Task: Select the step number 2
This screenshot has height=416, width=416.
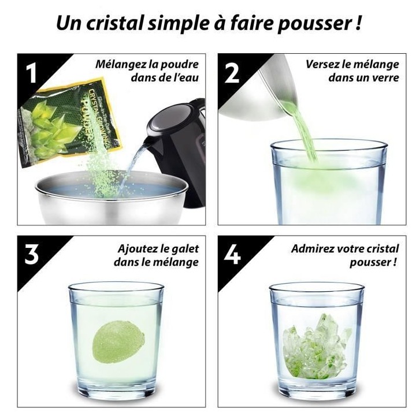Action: [x=232, y=73]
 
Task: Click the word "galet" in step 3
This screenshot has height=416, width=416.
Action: [x=184, y=249]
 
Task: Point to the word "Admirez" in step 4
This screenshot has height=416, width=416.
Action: [x=313, y=249]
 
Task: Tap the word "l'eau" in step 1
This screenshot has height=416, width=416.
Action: [x=185, y=77]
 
